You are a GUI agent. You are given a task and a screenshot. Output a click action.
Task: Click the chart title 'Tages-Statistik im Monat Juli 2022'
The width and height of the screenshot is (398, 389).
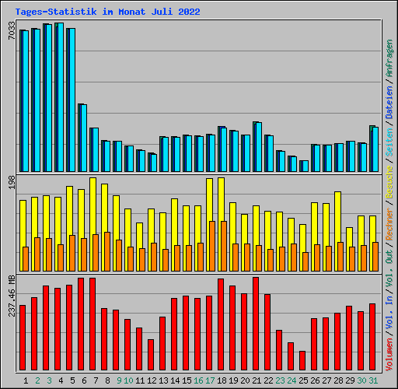(x=107, y=12)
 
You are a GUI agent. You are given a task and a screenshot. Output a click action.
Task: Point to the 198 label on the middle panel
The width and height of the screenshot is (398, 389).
(x=11, y=182)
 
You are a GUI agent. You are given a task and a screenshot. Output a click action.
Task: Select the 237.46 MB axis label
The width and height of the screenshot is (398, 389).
(x=11, y=296)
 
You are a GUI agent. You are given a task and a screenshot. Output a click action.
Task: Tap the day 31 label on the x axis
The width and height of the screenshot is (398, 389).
(x=373, y=380)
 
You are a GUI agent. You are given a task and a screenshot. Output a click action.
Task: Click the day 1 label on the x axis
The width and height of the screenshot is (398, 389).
(x=26, y=380)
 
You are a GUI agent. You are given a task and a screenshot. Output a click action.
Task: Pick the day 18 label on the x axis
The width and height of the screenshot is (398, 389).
(x=222, y=380)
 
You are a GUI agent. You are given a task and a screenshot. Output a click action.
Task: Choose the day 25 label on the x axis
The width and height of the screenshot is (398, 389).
(x=303, y=380)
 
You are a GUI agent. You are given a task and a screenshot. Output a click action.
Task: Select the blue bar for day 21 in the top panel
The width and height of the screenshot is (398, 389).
(x=257, y=147)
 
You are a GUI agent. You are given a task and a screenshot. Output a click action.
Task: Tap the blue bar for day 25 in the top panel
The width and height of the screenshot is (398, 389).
(x=304, y=166)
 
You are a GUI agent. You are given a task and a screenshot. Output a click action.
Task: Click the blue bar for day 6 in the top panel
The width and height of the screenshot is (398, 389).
(x=82, y=138)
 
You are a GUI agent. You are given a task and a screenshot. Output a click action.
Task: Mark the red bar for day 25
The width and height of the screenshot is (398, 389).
(x=302, y=362)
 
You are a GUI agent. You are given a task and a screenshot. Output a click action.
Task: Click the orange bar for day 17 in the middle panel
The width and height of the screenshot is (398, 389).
(x=212, y=246)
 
